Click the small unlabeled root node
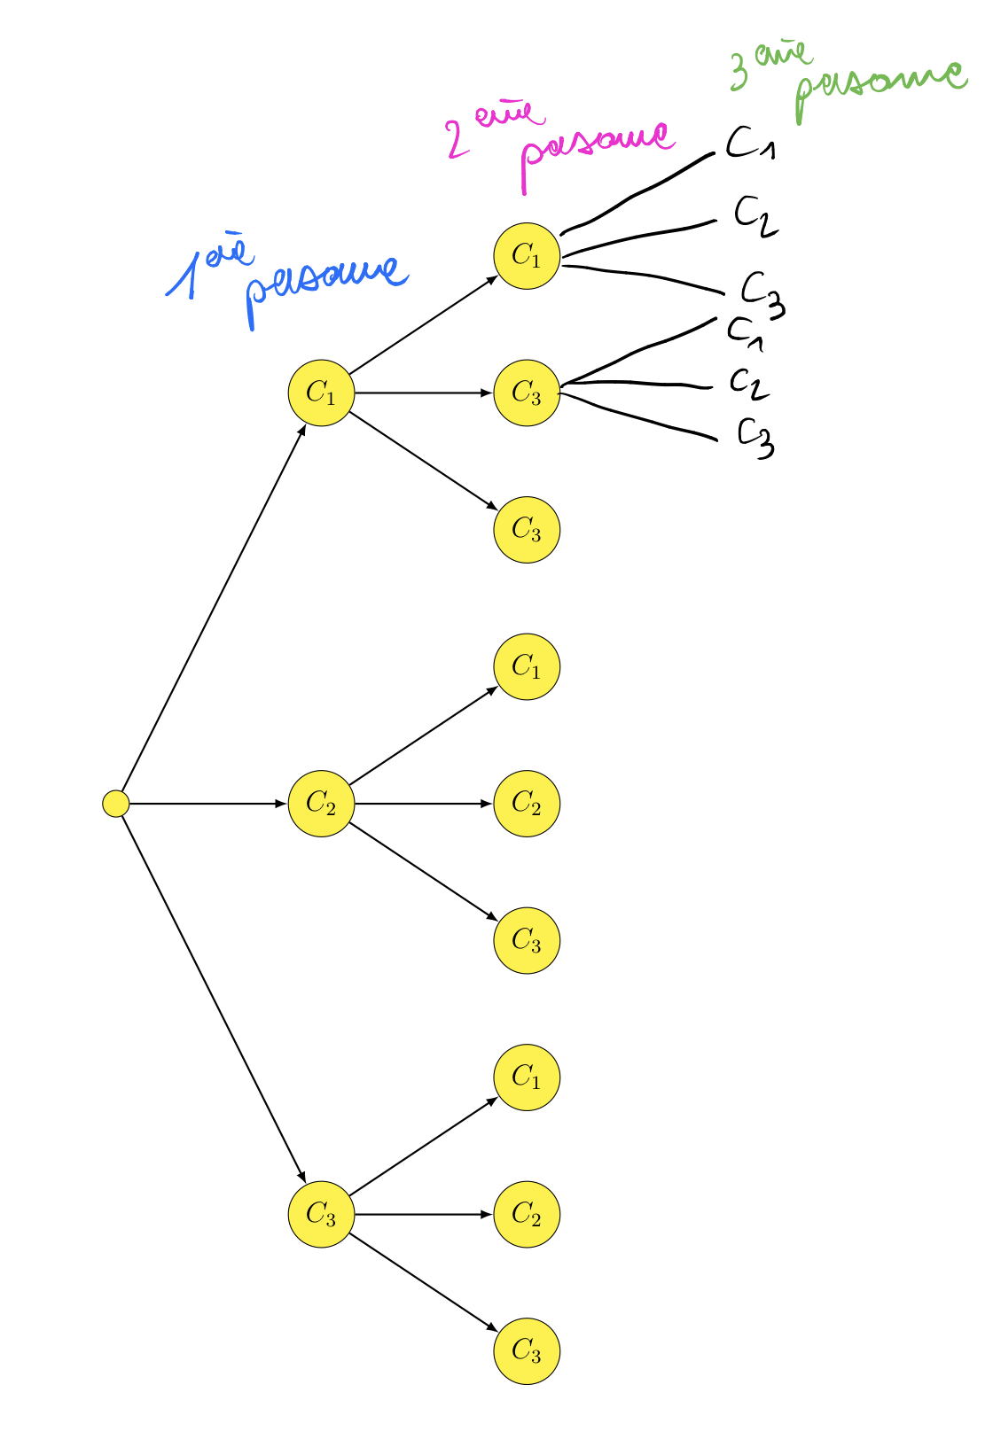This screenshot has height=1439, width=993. pyautogui.click(x=116, y=804)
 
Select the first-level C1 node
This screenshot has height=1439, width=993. pyautogui.click(x=321, y=393)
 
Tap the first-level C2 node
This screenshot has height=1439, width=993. pyautogui.click(x=321, y=804)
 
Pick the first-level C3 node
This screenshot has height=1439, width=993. pyautogui.click(x=321, y=1214)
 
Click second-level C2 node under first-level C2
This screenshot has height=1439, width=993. pyautogui.click(x=527, y=804)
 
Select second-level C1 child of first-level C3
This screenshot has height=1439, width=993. pyautogui.click(x=527, y=1077)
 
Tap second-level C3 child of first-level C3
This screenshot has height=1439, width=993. pyautogui.click(x=527, y=1351)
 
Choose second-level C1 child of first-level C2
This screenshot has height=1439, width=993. pyautogui.click(x=527, y=666)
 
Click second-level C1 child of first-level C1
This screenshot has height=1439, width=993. pyautogui.click(x=527, y=256)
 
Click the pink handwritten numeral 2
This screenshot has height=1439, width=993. pyautogui.click(x=458, y=140)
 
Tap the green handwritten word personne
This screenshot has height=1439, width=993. pyautogui.click(x=878, y=84)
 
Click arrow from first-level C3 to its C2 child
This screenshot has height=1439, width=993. pyautogui.click(x=422, y=1214)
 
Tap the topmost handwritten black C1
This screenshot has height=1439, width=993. pyautogui.click(x=750, y=143)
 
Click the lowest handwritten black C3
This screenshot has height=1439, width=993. pyautogui.click(x=756, y=438)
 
